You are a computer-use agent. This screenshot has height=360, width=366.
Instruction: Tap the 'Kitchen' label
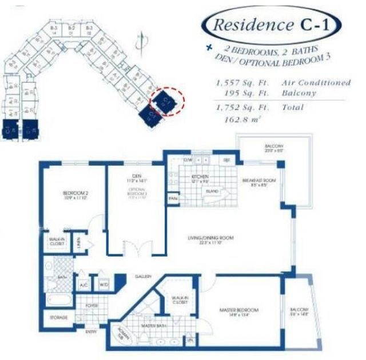coord(200,177)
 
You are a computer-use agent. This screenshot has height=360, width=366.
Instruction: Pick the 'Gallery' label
coord(143,275)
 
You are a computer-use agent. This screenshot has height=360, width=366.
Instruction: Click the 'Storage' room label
coord(58,317)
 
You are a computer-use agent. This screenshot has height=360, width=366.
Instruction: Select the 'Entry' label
coord(91,331)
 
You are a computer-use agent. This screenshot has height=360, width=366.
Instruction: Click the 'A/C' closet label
coord(83,284)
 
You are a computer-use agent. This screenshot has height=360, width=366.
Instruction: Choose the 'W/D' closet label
coord(104,284)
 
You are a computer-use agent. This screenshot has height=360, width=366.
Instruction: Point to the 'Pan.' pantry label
coord(173,198)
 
